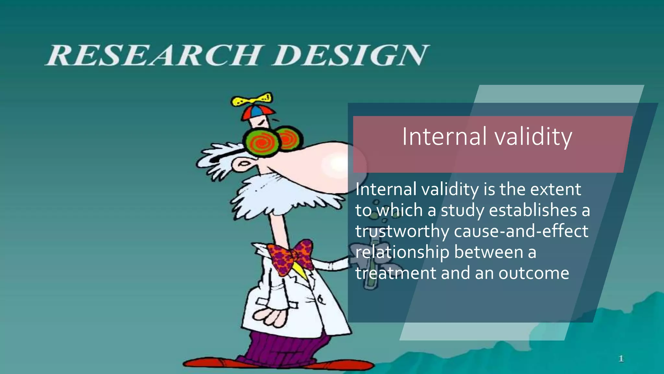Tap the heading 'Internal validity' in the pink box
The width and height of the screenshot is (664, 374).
point(487,137)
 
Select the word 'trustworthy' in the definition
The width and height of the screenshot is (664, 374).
point(402,231)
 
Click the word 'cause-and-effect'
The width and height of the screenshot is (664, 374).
point(521,231)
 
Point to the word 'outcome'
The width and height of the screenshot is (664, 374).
point(534,273)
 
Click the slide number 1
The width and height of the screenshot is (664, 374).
point(621,359)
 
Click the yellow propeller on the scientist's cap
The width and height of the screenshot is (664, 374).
point(252,99)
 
